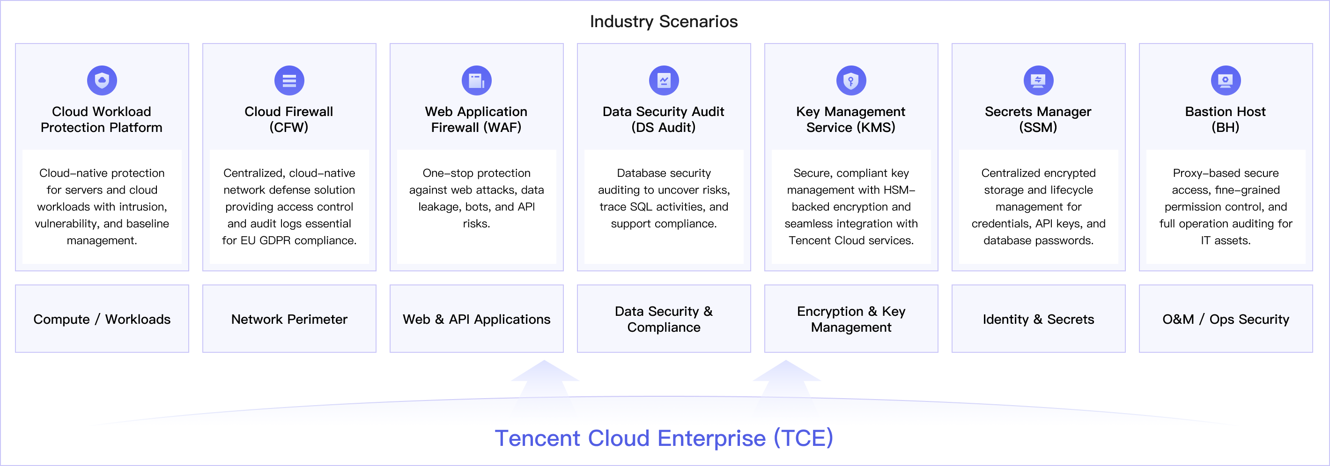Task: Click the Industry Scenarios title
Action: pyautogui.click(x=664, y=22)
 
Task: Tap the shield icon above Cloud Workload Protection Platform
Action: pyautogui.click(x=102, y=80)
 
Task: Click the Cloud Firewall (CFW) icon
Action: pyautogui.click(x=289, y=80)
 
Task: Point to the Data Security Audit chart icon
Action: pyautogui.click(x=664, y=80)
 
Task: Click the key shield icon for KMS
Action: pyautogui.click(x=851, y=80)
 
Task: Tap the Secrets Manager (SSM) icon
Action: pyautogui.click(x=1038, y=80)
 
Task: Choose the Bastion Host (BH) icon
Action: pyautogui.click(x=1226, y=80)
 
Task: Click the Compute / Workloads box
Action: pyautogui.click(x=102, y=319)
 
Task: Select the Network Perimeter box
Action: pyautogui.click(x=289, y=319)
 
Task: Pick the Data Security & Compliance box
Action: pyautogui.click(x=664, y=319)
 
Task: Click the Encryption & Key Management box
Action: pyautogui.click(x=851, y=319)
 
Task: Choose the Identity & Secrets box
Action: pyautogui.click(x=1039, y=319)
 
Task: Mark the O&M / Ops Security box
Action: pyautogui.click(x=1226, y=319)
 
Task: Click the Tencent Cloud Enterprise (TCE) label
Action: pyautogui.click(x=664, y=438)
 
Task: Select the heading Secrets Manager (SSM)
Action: pyautogui.click(x=1038, y=119)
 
